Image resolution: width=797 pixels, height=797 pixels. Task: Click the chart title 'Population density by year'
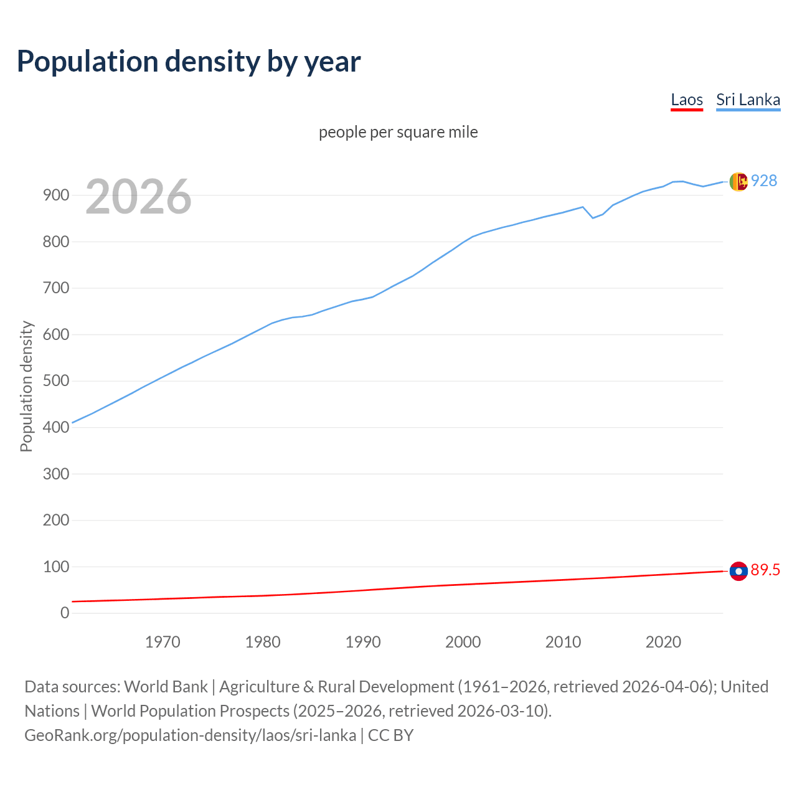pos(189,61)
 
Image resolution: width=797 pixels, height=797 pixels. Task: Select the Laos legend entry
pos(687,100)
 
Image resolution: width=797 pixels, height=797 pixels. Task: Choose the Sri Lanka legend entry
pos(748,100)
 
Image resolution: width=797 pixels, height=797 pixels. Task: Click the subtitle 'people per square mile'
pos(398,132)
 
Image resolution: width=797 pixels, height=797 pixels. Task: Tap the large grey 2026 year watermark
pos(138,197)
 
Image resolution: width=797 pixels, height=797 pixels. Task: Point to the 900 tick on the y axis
pos(55,195)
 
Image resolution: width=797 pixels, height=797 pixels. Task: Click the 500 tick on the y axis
pos(55,380)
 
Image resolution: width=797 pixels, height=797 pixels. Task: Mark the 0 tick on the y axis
pos(65,613)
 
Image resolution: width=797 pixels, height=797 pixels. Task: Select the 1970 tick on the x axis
pos(163,642)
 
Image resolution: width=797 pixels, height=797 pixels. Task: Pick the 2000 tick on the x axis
pos(463,642)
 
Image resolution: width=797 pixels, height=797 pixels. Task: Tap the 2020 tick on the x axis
pos(663,642)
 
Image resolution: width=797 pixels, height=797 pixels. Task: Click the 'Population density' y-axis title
pos(26,386)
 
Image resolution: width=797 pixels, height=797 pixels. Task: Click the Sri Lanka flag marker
pos(738,182)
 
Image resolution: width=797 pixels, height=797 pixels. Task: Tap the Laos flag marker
pos(738,571)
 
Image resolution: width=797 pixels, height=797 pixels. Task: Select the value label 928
pos(764,181)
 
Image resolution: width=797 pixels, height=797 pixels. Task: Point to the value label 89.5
pos(765,570)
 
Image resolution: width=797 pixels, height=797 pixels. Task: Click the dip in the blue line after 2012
pos(593,217)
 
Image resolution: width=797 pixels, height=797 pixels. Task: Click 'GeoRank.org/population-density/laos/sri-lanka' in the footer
pos(190,735)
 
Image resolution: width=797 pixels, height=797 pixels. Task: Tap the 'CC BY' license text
pos(390,735)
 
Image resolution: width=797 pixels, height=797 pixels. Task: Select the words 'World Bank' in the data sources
pos(166,686)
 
